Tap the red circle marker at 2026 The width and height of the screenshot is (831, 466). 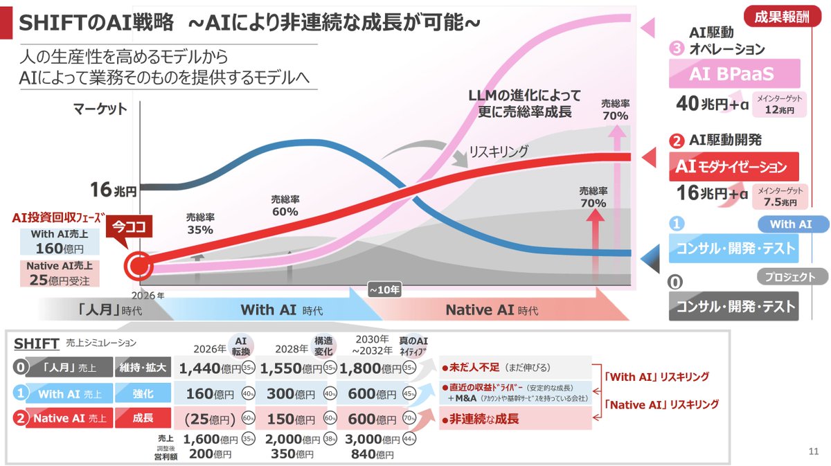coord(137,266)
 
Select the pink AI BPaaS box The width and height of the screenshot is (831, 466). coord(734,73)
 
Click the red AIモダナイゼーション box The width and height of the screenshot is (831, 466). coord(734,167)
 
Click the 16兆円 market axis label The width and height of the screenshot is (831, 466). coord(114,188)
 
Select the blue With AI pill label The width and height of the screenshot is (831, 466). coord(790,224)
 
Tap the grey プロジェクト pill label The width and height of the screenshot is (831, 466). coord(790,276)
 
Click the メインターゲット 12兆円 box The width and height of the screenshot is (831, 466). coord(776,105)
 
